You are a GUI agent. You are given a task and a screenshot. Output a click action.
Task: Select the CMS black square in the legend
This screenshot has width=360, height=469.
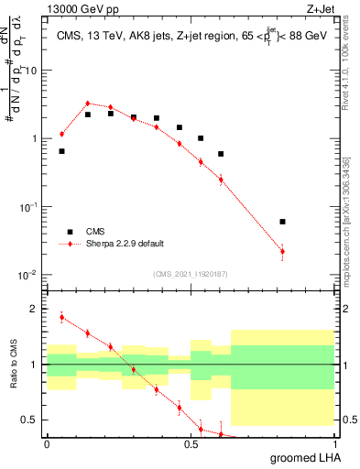pos(65,233)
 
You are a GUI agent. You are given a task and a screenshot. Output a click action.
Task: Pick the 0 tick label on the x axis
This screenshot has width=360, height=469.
pos(47,444)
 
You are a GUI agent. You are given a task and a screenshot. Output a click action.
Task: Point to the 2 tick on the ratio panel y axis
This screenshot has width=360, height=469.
pos(34,309)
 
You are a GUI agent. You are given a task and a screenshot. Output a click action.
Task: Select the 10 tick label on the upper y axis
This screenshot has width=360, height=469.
pos(30,71)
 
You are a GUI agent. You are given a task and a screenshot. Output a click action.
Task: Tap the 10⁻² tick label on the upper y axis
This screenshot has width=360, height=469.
pos(28,275)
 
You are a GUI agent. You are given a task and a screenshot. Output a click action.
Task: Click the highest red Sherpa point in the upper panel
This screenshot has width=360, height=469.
pos(87,104)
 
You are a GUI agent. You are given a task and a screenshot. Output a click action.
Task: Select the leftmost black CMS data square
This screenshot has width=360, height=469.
pos(61,151)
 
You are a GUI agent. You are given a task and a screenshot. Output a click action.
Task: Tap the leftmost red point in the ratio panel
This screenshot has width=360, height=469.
pos(61,317)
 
